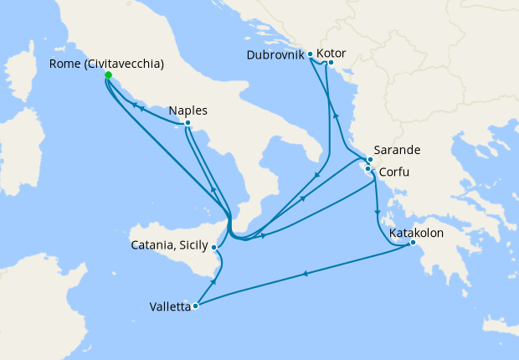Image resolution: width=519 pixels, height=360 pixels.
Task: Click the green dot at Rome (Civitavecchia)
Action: [108, 75]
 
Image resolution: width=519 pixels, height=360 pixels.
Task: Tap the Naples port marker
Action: [188, 123]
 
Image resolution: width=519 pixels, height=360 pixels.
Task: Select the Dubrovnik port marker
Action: [311, 54]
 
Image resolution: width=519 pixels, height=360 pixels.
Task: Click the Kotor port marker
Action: [331, 62]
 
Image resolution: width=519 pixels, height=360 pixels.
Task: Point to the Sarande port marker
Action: [370, 159]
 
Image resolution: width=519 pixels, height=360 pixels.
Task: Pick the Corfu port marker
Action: [367, 169]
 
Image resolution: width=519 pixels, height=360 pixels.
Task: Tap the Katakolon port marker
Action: [413, 244]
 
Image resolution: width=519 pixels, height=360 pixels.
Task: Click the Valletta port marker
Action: [195, 306]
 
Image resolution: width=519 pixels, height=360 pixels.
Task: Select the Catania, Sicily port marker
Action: [215, 247]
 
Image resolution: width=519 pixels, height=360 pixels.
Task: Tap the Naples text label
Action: [188, 110]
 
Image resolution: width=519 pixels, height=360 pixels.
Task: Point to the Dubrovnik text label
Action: [276, 55]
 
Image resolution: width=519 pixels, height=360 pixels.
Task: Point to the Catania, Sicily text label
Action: [171, 246]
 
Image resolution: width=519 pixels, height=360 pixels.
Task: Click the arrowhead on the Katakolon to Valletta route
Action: [305, 273]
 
